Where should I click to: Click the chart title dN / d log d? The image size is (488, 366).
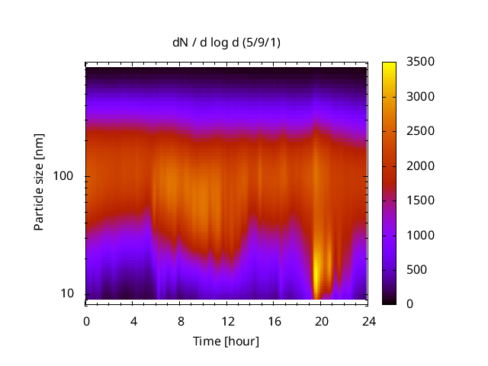(x=226, y=42)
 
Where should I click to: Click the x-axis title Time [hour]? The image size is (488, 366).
(x=226, y=341)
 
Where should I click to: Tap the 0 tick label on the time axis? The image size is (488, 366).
(x=86, y=320)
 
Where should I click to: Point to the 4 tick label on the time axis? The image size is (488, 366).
(x=133, y=320)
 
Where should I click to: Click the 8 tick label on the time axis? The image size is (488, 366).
(x=180, y=320)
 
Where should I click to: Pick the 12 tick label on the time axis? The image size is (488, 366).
(x=227, y=320)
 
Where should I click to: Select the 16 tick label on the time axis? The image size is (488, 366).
(x=274, y=320)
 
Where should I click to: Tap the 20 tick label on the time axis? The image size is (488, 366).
(x=321, y=320)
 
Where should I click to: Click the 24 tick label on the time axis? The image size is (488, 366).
(x=368, y=320)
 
